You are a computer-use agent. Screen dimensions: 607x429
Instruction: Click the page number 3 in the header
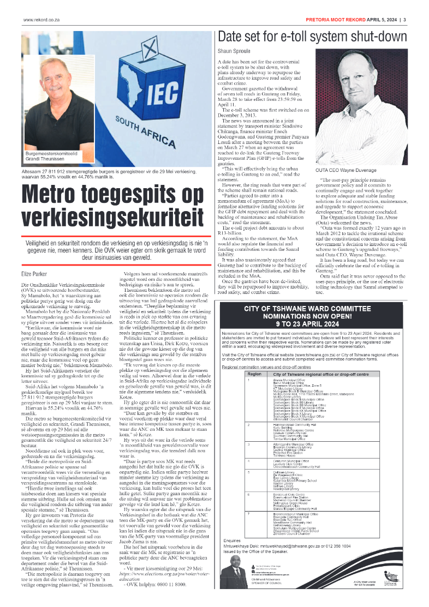coord(404,20)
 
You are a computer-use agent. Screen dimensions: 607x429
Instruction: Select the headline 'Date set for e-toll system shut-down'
coord(312,38)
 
